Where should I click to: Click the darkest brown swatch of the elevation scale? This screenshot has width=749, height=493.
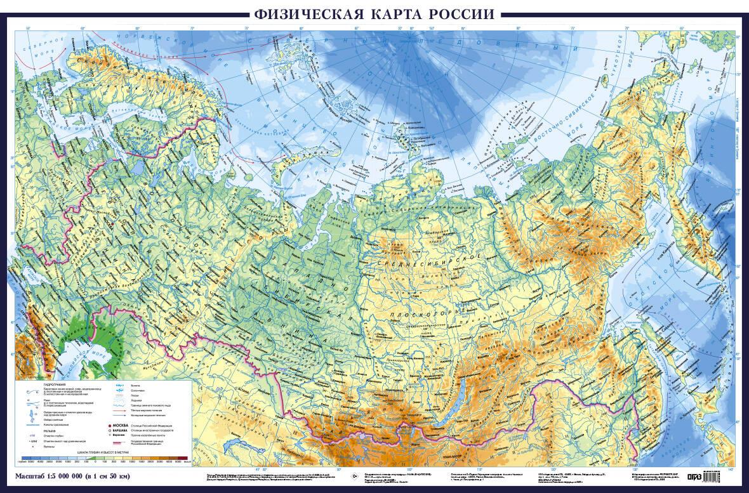click(x=182, y=458)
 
